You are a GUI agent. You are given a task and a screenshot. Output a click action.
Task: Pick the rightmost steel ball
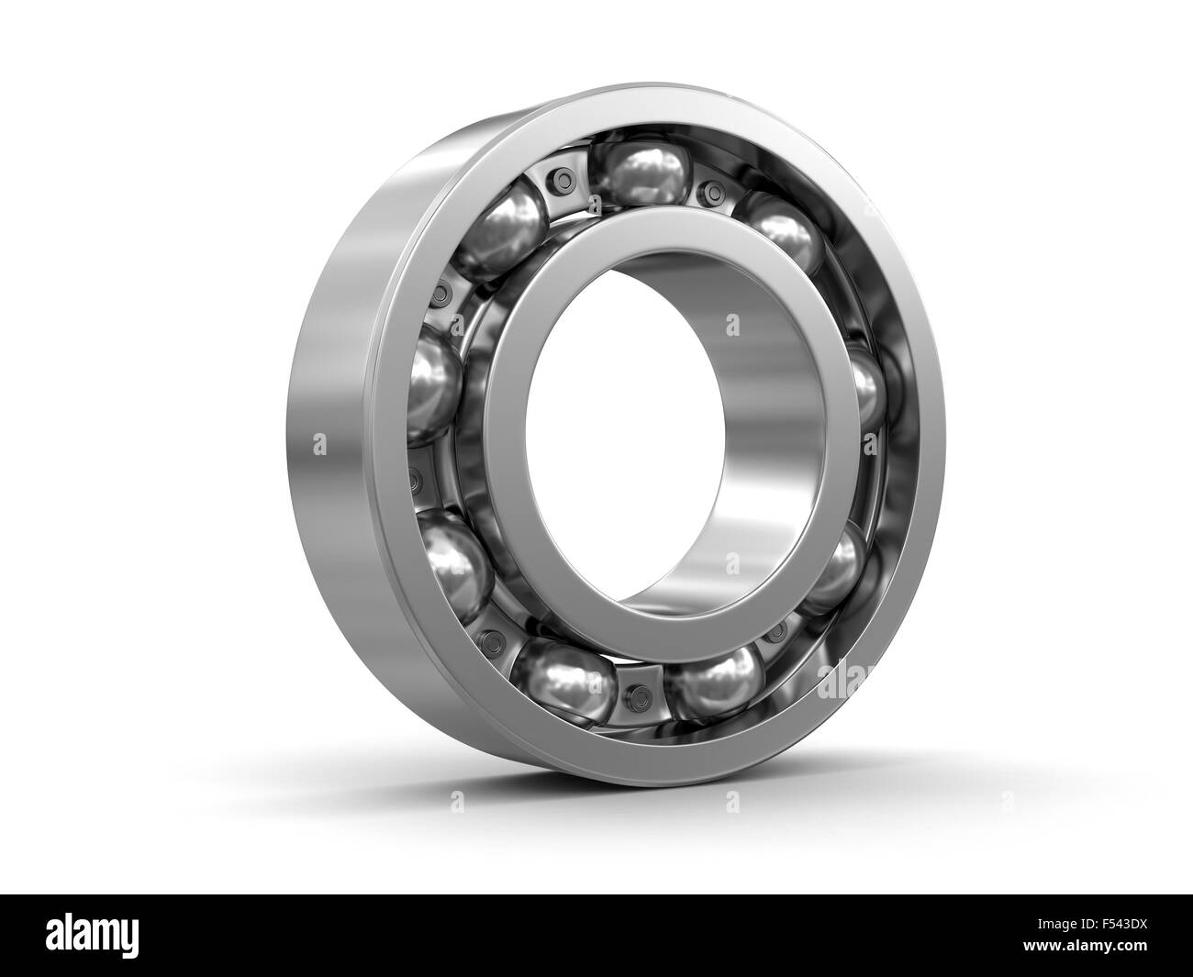point(864,390)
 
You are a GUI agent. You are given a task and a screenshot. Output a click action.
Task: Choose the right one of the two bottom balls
point(715,680)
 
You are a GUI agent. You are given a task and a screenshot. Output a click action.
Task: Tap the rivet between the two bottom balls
point(641,690)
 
